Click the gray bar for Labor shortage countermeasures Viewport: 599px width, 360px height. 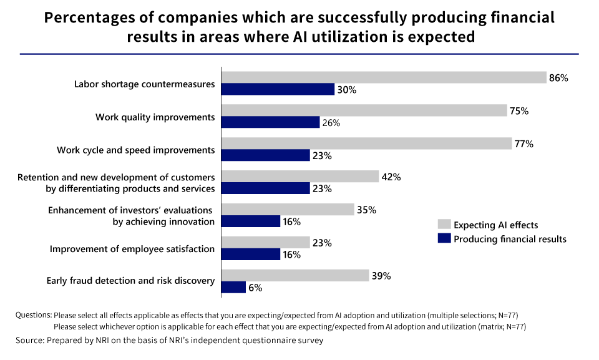[383, 77]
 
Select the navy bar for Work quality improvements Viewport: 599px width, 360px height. [271, 122]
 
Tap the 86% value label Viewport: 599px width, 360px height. [558, 78]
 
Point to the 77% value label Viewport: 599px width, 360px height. [524, 144]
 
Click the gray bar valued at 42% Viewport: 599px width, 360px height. [300, 177]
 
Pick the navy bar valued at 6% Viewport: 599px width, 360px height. [233, 287]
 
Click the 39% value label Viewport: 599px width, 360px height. [381, 276]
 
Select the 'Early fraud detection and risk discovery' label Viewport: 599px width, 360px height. [130, 281]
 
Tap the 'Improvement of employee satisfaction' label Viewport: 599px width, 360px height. [132, 249]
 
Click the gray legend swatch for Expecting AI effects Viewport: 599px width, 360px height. [444, 225]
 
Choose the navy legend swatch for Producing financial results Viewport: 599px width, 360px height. [444, 238]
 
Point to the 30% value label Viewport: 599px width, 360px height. [347, 90]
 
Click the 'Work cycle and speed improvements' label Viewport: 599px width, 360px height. [135, 150]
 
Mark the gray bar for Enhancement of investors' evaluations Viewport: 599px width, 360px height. [288, 210]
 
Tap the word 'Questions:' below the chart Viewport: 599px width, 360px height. [34, 314]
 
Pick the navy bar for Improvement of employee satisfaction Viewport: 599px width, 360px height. [251, 254]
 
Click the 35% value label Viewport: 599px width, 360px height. [366, 210]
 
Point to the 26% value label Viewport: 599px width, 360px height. [331, 123]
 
